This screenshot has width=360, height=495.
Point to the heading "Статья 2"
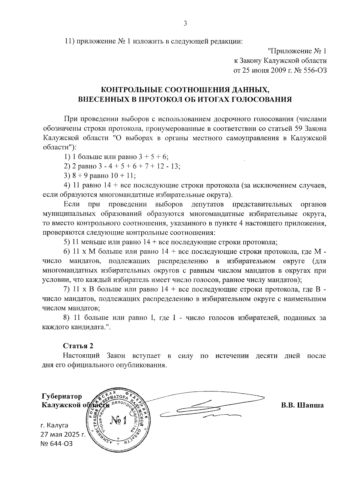pyautogui.click(x=78, y=346)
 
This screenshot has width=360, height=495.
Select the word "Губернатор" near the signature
pyautogui.click(x=62, y=396)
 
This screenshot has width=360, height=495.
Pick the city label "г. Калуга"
pyautogui.click(x=54, y=425)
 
